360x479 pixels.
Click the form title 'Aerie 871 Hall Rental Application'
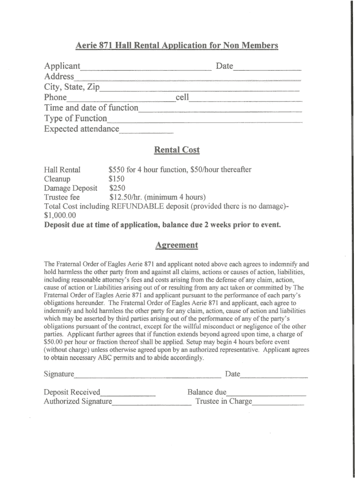tap(177, 45)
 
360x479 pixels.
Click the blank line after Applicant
tap(146, 68)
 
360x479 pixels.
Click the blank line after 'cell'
tap(245, 101)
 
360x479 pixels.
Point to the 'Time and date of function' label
tap(91, 108)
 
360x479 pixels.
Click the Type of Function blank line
tap(204, 121)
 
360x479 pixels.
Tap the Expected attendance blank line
tap(146, 132)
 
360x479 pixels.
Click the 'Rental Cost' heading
tap(177, 150)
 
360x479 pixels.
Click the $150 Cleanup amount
tap(116, 179)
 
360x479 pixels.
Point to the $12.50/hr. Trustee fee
tap(124, 197)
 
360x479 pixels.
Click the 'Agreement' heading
tap(177, 245)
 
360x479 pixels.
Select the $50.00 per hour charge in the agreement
tap(53, 342)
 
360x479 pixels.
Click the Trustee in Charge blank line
tap(278, 404)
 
